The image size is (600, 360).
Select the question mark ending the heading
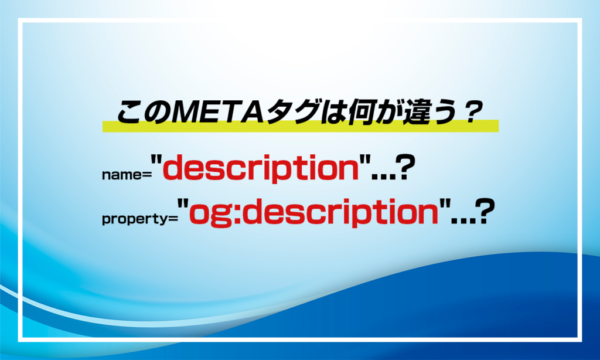tap(468, 111)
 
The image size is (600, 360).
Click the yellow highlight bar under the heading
tap(300, 126)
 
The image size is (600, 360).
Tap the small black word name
tap(119, 175)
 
